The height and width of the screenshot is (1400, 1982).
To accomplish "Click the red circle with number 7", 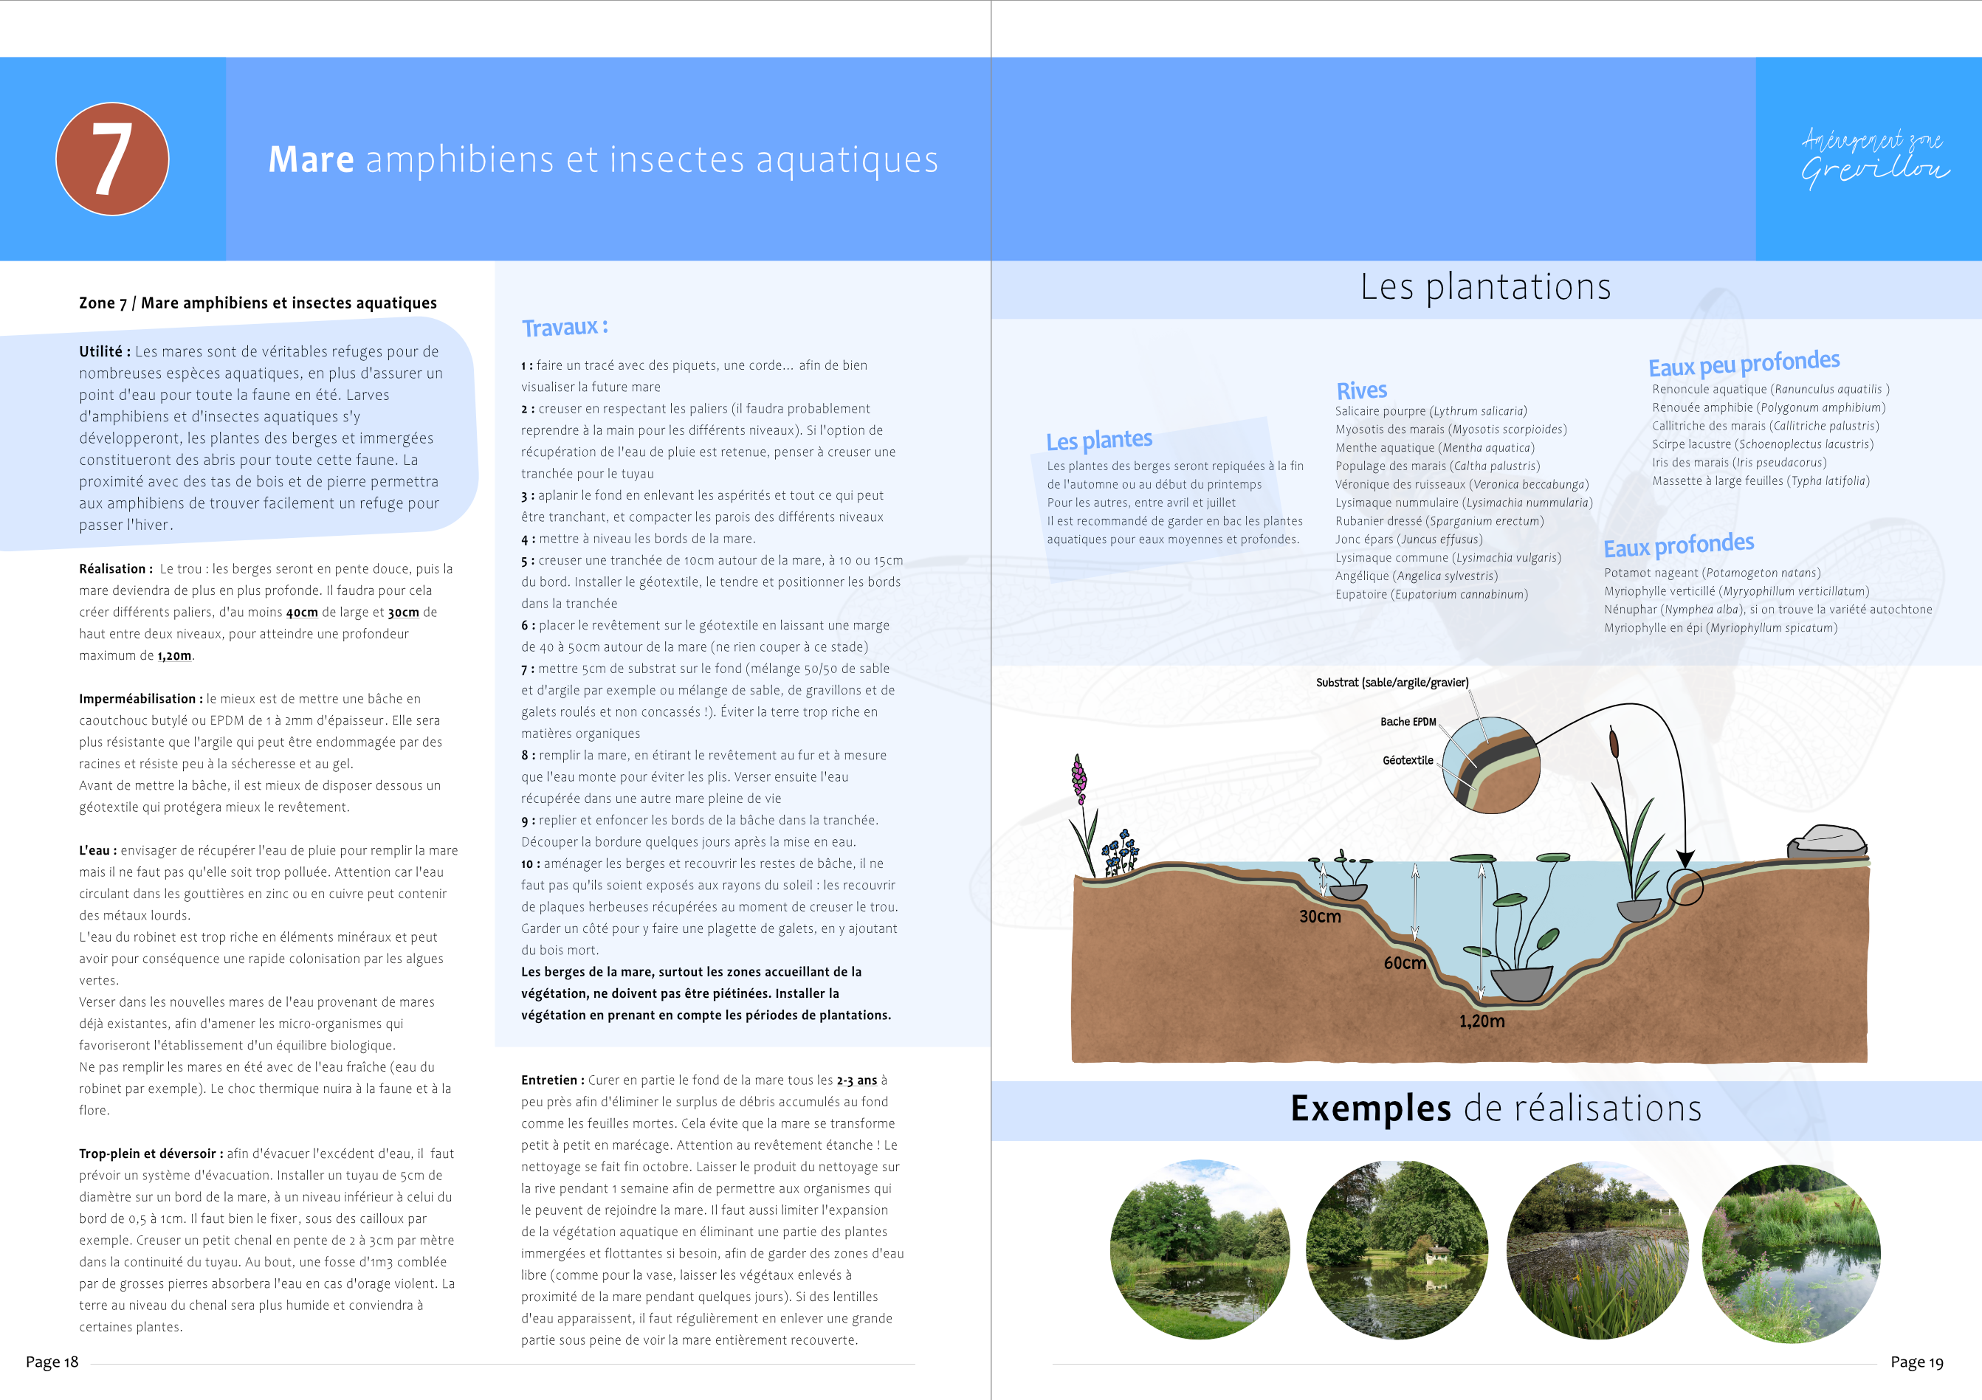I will tap(112, 159).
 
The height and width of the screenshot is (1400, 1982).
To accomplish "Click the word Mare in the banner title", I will tap(311, 159).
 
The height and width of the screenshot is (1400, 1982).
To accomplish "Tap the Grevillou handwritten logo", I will tap(1874, 159).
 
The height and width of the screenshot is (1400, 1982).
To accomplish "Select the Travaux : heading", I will tap(565, 327).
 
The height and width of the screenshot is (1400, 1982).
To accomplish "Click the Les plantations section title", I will tap(1484, 286).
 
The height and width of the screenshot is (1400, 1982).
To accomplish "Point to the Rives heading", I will tap(1361, 390).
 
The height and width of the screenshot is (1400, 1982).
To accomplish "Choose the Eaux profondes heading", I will tap(1678, 545).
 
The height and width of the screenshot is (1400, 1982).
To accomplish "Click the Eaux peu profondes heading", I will tap(1744, 363).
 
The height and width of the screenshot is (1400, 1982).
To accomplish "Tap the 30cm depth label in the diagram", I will tap(1320, 917).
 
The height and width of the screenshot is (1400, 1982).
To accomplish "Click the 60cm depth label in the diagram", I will tap(1405, 962).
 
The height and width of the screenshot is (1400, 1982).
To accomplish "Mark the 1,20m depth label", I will tap(1482, 1021).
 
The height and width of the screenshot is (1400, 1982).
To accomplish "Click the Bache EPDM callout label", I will tap(1408, 722).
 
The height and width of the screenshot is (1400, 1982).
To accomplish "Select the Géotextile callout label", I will tap(1407, 760).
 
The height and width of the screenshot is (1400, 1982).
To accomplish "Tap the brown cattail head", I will tap(1614, 742).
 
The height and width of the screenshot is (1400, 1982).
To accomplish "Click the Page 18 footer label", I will tap(52, 1362).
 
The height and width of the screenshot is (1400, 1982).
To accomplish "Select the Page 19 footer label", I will tap(1916, 1362).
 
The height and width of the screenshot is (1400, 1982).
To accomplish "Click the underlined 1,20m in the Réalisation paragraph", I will tap(174, 656).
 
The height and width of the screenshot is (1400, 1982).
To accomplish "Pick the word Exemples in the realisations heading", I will tap(1370, 1108).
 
